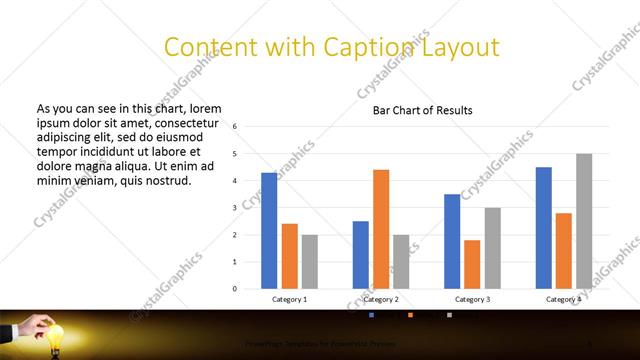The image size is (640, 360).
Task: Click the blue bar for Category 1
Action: point(269,230)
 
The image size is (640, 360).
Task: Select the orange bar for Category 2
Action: point(381,229)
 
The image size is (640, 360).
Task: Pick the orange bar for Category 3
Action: point(472,264)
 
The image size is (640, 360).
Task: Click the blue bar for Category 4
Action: point(543,227)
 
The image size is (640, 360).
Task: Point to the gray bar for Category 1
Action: point(310,261)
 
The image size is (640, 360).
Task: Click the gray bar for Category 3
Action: point(493,248)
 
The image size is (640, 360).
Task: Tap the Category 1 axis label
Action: point(290,299)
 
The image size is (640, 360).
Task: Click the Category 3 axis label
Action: point(472,299)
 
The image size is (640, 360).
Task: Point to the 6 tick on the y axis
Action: point(234,127)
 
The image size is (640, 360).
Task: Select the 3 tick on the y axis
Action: point(234,208)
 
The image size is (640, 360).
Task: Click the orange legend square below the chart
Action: point(410,316)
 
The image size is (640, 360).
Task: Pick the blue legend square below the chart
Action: point(371,316)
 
